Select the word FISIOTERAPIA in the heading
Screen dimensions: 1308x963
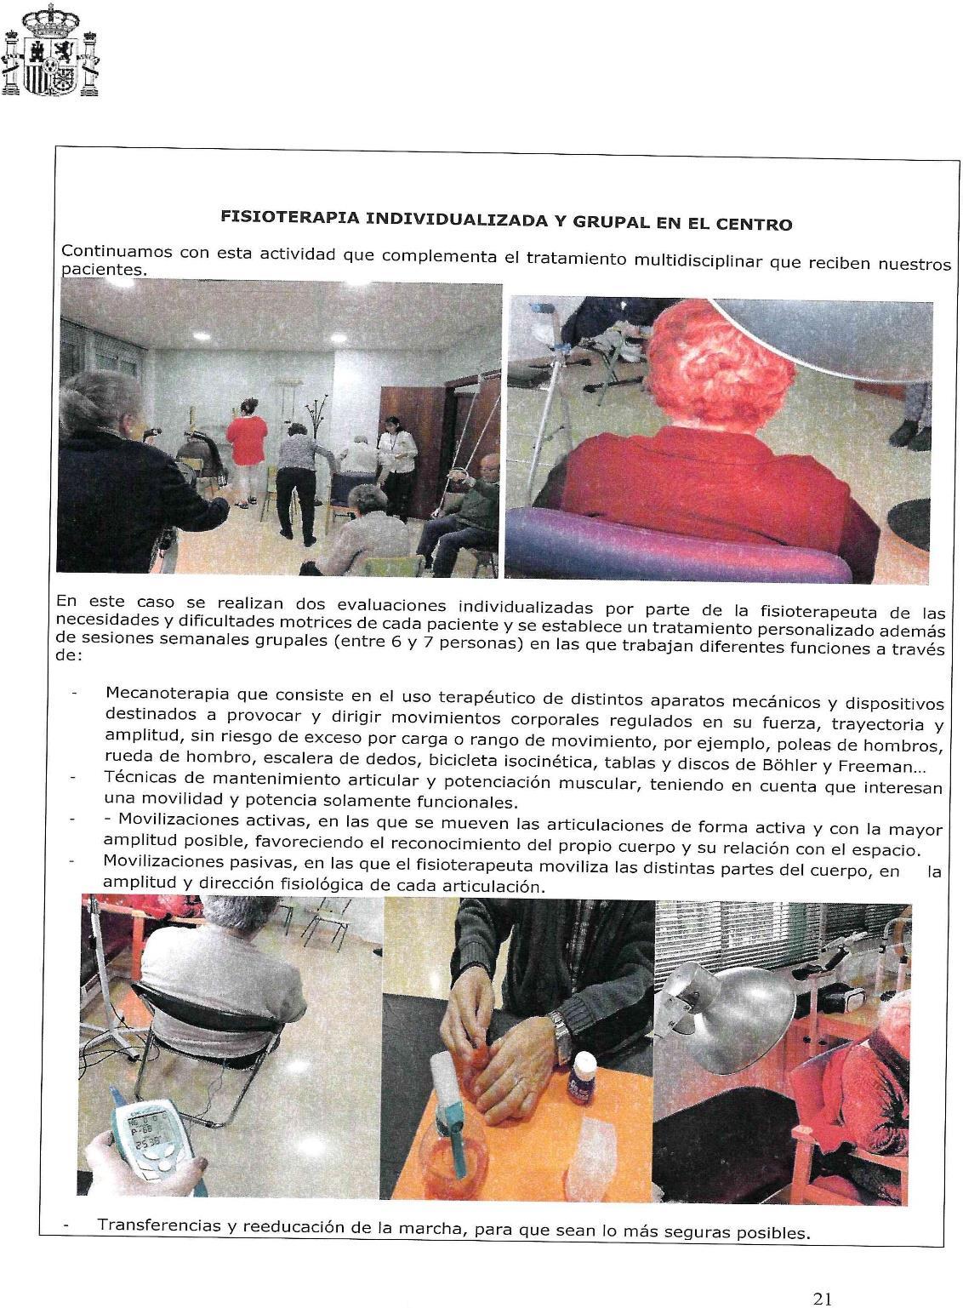click(289, 219)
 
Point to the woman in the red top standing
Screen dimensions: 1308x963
click(246, 443)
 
